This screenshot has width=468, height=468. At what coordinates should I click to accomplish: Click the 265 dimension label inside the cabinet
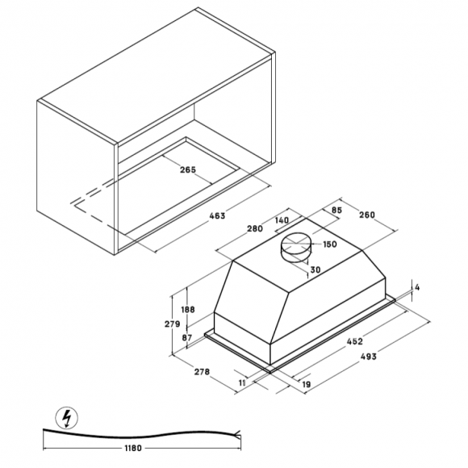pyautogui.click(x=188, y=169)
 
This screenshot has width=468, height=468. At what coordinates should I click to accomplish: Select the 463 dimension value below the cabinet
pyautogui.click(x=217, y=215)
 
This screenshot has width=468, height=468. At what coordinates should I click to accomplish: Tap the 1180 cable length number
pyautogui.click(x=133, y=448)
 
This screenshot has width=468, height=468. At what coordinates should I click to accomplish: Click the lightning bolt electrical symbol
pyautogui.click(x=67, y=417)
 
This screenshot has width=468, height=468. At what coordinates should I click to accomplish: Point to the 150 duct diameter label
pyautogui.click(x=330, y=244)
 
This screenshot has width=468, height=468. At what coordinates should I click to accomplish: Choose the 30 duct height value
pyautogui.click(x=315, y=270)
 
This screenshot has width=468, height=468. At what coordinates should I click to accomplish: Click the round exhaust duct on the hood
pyautogui.click(x=295, y=247)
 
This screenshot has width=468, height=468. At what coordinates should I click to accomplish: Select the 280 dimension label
pyautogui.click(x=255, y=228)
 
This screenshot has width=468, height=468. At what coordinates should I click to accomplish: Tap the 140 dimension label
pyautogui.click(x=282, y=220)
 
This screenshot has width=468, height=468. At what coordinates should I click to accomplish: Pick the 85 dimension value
pyautogui.click(x=336, y=210)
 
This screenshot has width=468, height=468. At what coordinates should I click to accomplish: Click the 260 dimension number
pyautogui.click(x=367, y=215)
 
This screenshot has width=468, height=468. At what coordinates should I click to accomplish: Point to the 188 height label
pyautogui.click(x=188, y=310)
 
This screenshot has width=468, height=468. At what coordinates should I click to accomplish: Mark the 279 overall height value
pyautogui.click(x=173, y=324)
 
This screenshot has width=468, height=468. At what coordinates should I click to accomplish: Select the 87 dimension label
pyautogui.click(x=187, y=337)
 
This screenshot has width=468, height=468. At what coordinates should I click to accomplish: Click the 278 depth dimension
pyautogui.click(x=202, y=372)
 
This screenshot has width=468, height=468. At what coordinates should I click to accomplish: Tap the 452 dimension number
pyautogui.click(x=354, y=341)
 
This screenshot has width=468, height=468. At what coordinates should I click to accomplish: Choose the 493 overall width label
pyautogui.click(x=368, y=357)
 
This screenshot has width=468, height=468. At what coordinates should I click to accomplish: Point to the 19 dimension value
pyautogui.click(x=307, y=384)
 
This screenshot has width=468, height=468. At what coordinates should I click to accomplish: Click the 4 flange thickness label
pyautogui.click(x=417, y=287)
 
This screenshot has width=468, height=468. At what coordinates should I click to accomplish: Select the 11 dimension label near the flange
pyautogui.click(x=242, y=382)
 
